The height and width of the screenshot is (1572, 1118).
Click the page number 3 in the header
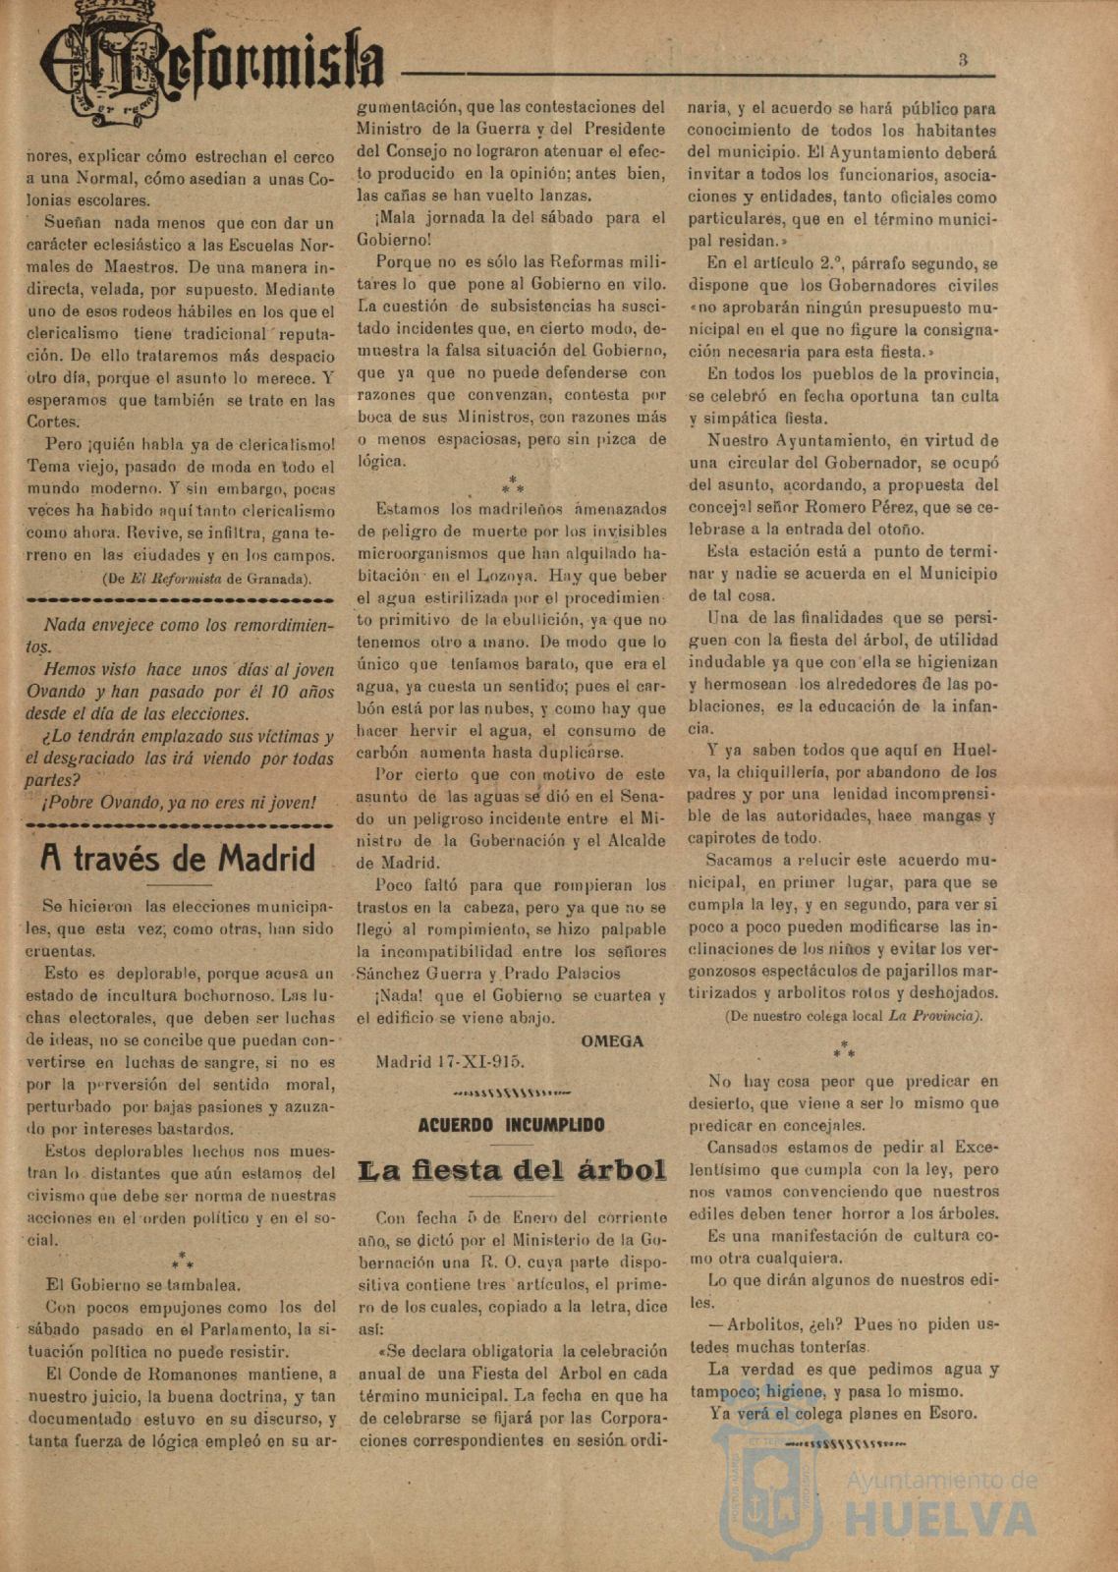point(963,60)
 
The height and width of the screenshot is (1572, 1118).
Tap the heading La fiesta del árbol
point(512,1170)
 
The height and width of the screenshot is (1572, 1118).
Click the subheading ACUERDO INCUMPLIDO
point(511,1125)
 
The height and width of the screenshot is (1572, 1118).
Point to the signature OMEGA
point(612,1040)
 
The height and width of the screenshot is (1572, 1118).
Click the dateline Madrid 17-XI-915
point(450,1061)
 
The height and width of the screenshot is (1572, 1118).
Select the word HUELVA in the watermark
point(940,1519)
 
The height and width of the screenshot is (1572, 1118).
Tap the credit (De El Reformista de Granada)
point(206,578)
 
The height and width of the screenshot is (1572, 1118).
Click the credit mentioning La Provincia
point(853,1016)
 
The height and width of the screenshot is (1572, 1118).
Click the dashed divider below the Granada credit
point(179,598)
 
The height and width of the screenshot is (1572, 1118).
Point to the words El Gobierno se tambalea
point(144,1284)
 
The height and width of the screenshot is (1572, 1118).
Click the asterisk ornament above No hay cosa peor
point(844,1049)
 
